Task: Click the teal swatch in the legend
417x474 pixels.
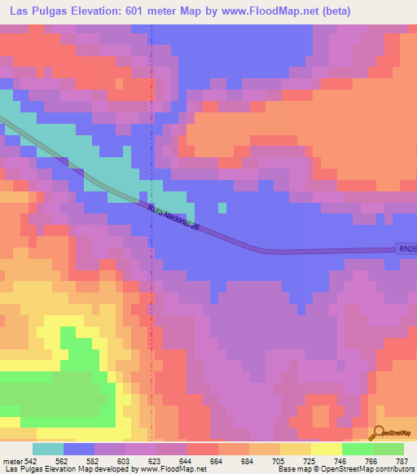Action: pos(48,449)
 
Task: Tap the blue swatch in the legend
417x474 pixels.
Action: pos(79,449)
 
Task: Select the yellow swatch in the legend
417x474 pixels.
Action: pos(326,449)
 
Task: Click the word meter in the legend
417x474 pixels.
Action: pos(12,461)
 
